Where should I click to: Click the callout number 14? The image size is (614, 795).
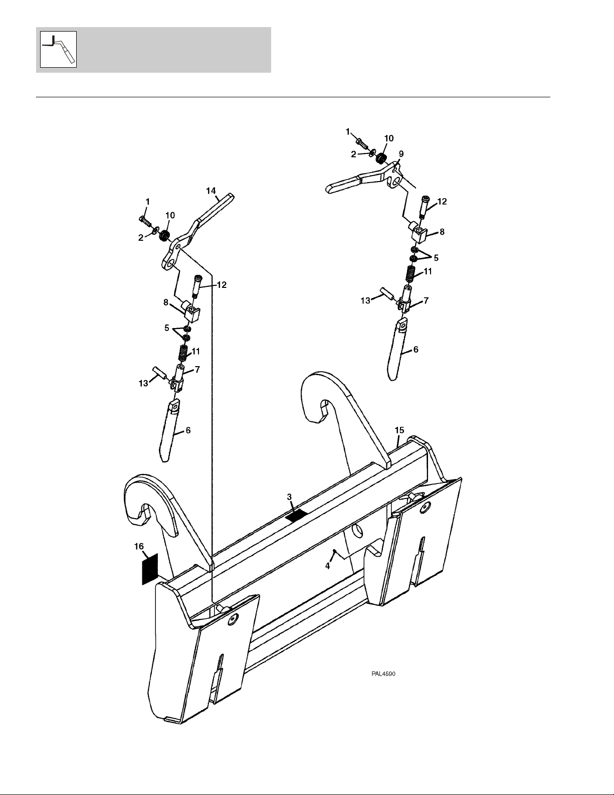tap(211, 190)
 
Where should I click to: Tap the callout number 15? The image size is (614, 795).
tap(399, 430)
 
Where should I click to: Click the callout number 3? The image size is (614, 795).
tap(289, 497)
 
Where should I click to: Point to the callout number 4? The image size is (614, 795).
tap(327, 566)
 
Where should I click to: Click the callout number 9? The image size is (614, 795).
tap(401, 153)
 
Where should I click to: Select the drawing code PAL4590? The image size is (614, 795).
tap(383, 674)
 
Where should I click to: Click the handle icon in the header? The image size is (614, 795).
tap(58, 49)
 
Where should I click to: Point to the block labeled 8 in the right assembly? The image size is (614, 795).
tap(418, 231)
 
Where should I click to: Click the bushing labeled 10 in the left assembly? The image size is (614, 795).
tap(164, 233)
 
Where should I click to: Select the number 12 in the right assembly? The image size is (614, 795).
tap(442, 202)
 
